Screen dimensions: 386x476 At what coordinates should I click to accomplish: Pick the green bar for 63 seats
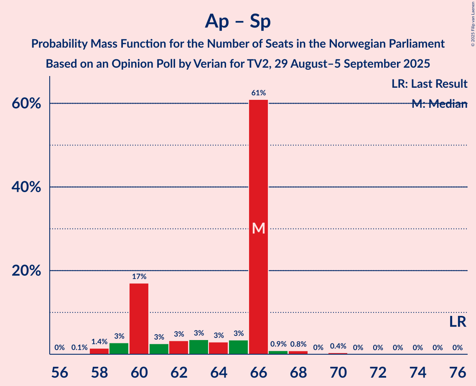[199, 347]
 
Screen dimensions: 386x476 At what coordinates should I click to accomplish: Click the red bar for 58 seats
[99, 351]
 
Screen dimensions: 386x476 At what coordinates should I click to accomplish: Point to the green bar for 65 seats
[238, 347]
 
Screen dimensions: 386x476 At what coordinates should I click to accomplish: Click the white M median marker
[259, 228]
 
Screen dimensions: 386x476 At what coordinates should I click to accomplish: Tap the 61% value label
[259, 93]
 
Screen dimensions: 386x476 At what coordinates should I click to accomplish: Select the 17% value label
[139, 277]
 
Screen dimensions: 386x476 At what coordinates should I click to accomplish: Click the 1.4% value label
[99, 342]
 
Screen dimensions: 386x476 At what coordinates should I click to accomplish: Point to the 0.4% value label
[338, 346]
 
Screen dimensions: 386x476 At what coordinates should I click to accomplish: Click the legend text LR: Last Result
[429, 84]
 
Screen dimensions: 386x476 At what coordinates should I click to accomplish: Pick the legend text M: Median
[439, 104]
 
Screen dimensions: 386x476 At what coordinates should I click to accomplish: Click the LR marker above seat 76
[458, 322]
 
